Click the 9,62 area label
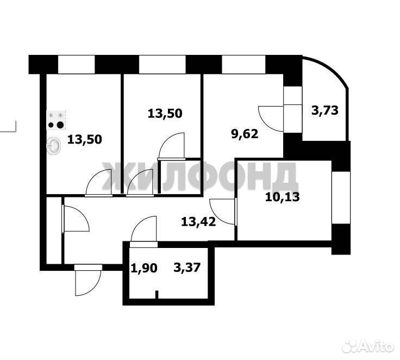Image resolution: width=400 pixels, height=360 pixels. pyautogui.click(x=245, y=134)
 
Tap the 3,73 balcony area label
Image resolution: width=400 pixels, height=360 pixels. pyautogui.click(x=325, y=110)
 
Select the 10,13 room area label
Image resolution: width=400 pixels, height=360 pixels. pyautogui.click(x=283, y=197)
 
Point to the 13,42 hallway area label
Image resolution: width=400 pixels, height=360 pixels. pyautogui.click(x=198, y=221)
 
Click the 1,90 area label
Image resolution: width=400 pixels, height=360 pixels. pyautogui.click(x=144, y=268)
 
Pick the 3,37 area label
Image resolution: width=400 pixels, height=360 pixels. pyautogui.click(x=187, y=268)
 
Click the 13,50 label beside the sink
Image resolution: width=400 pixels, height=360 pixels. pyautogui.click(x=84, y=139)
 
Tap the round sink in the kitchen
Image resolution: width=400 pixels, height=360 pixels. pyautogui.click(x=54, y=146)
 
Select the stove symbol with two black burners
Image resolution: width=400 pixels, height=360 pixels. pyautogui.click(x=56, y=119)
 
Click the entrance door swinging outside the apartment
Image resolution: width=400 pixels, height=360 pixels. pyautogui.click(x=88, y=281)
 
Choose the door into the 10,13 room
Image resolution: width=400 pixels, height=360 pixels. pyautogui.click(x=222, y=212)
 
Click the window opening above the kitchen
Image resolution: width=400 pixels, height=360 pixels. pyautogui.click(x=77, y=65)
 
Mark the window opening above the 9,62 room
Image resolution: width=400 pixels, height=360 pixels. pyautogui.click(x=244, y=65)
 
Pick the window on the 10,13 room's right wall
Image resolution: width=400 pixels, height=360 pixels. pyautogui.click(x=341, y=197)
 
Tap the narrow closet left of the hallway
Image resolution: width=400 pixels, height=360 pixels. pyautogui.click(x=54, y=230)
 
